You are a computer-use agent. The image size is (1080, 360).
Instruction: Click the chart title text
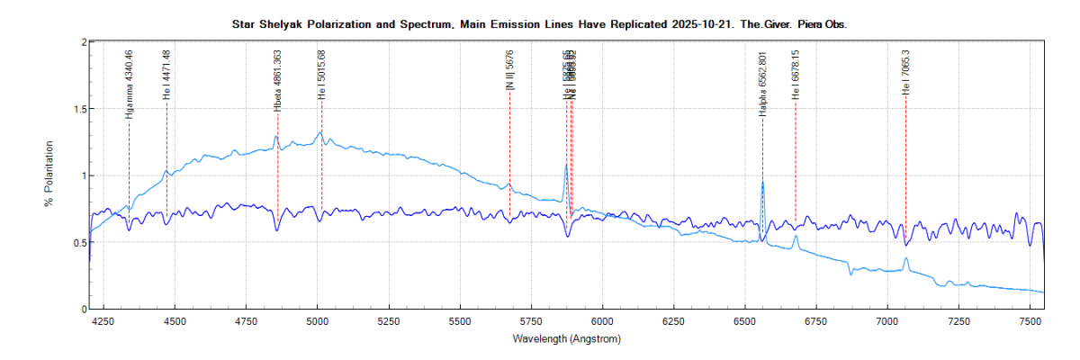540,25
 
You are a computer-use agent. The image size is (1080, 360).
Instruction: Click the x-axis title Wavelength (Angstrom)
566,339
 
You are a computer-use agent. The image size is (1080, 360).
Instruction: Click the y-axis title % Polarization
50,175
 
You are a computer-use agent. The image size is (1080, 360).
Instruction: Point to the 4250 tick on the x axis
103,320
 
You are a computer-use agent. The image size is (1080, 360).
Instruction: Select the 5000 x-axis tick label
317,320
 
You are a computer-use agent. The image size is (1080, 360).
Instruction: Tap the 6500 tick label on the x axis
745,320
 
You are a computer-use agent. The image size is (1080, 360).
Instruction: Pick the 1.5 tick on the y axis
78,109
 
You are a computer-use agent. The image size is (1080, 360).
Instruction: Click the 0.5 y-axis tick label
78,242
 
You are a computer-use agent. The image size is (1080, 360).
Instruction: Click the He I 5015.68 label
321,74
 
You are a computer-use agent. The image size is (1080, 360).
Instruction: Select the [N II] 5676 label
510,70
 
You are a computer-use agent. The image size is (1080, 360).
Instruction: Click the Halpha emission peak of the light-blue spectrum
762,183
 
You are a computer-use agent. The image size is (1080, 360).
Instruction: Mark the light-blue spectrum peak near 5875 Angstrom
566,165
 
